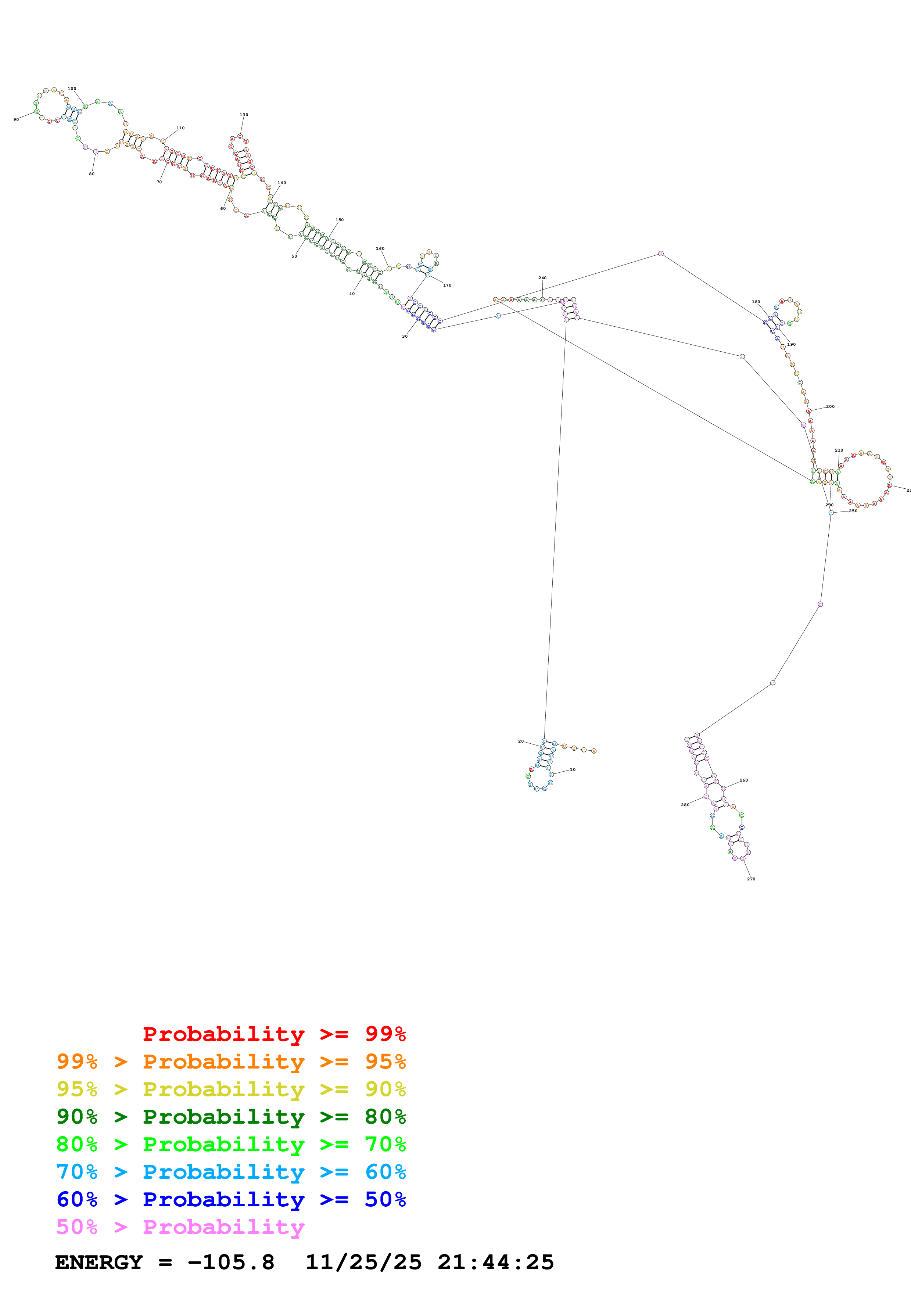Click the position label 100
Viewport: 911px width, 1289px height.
point(72,89)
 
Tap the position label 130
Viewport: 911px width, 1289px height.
point(244,115)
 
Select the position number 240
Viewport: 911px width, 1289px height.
point(542,278)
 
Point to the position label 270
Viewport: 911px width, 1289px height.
point(751,879)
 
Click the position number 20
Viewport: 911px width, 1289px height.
point(521,741)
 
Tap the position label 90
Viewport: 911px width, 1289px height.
point(16,119)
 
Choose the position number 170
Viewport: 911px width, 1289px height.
point(447,285)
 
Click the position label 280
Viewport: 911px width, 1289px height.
point(685,804)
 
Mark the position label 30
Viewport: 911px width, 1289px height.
point(405,336)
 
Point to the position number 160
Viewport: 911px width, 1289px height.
point(380,248)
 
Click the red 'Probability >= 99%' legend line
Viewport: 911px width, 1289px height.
point(274,1034)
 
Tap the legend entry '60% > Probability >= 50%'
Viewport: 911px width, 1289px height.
point(231,1199)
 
